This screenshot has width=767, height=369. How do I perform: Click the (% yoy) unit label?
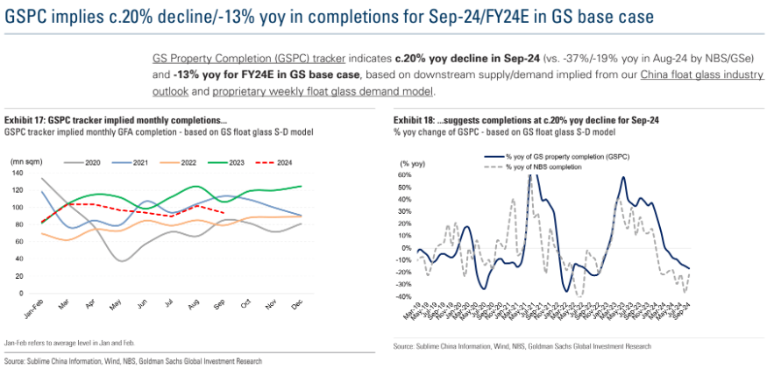(x=411, y=164)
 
